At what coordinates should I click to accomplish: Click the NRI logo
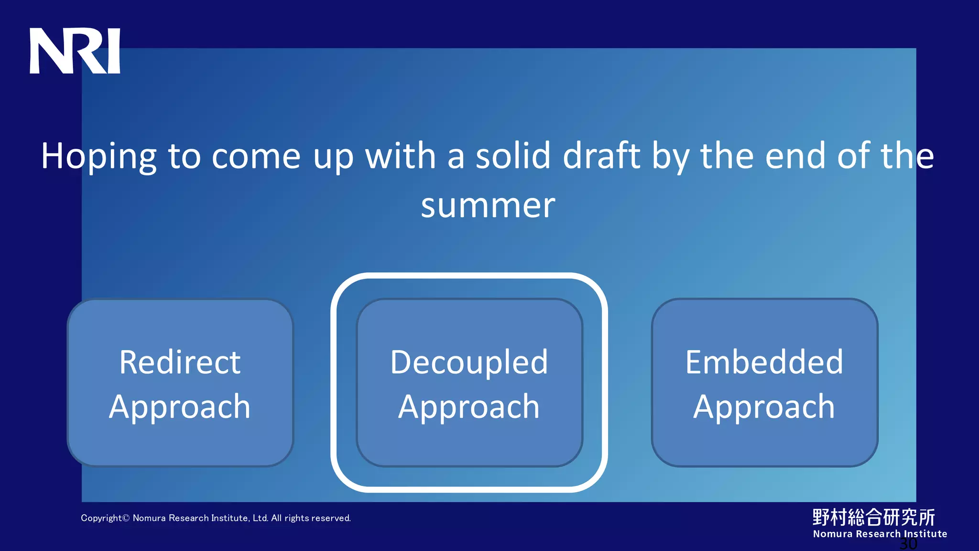point(75,51)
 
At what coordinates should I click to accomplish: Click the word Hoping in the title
point(98,157)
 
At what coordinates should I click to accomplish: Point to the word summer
point(488,206)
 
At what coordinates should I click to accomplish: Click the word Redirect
point(180,362)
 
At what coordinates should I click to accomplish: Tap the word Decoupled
point(469,363)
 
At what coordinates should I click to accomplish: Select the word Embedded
point(764,362)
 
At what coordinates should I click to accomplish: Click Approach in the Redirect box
point(180,408)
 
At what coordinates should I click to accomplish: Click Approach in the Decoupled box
point(469,408)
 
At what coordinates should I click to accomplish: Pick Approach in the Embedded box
point(764,408)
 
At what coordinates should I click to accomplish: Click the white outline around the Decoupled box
point(334,383)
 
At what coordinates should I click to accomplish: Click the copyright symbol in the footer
point(126,518)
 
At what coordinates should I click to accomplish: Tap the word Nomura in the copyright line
point(149,518)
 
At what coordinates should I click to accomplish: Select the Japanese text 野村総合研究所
point(873,517)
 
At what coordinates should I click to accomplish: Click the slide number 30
point(908,544)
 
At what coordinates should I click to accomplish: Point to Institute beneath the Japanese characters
point(925,534)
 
